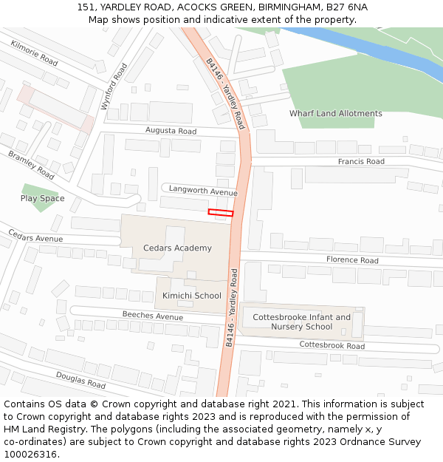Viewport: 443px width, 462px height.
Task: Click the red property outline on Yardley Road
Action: coord(221,213)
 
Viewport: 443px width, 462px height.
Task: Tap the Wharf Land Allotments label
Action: coord(335,114)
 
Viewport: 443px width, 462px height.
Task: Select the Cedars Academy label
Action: coord(177,248)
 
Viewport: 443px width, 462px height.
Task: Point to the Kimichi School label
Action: coord(191,296)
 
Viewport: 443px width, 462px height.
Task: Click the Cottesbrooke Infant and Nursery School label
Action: coord(302,322)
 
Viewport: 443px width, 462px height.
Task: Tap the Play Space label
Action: coord(42,199)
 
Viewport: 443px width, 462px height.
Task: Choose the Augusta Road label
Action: coord(171,132)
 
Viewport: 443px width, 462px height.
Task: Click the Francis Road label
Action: coord(361,162)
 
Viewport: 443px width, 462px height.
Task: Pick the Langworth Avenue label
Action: coord(203,191)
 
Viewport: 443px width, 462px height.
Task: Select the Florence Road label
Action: coord(352,260)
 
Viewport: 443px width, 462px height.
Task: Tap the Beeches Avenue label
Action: coord(152,316)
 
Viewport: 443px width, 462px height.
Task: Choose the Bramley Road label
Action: coord(31,166)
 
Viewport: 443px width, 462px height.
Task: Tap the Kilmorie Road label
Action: coord(34,53)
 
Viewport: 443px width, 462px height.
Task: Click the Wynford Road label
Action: coord(114,87)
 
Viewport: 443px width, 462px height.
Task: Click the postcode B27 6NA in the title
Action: coord(347,7)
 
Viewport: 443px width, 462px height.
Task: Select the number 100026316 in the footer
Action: coord(30,455)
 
